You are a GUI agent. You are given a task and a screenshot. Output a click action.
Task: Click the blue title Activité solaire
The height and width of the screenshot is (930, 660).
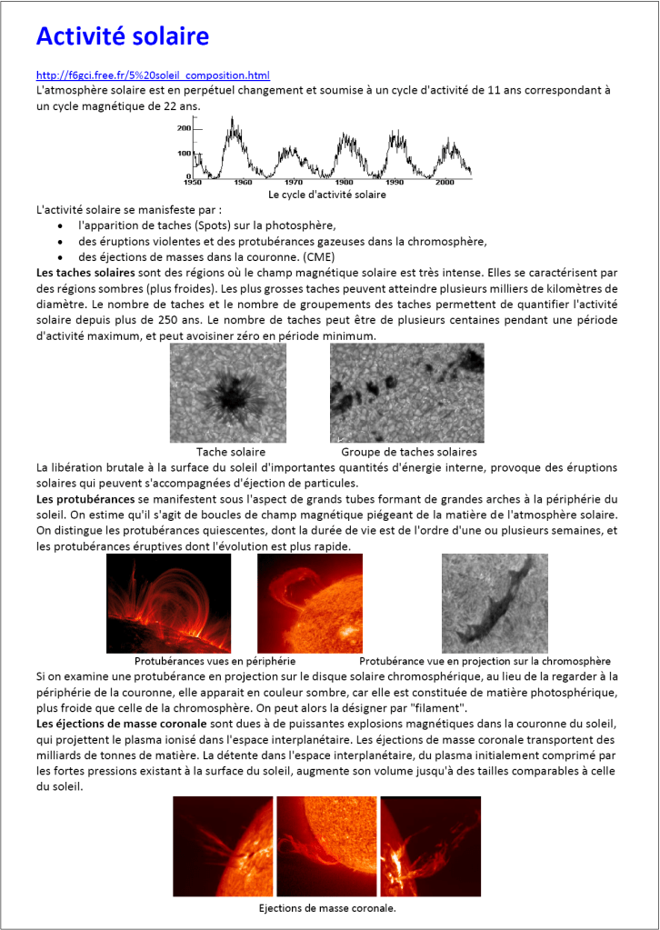(x=123, y=35)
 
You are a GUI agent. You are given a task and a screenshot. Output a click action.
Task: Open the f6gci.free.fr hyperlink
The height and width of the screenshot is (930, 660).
(x=153, y=75)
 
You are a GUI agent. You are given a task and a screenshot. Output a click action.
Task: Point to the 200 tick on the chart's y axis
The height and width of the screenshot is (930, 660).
(x=184, y=128)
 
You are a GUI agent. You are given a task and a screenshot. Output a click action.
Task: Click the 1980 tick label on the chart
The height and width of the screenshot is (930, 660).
(x=344, y=183)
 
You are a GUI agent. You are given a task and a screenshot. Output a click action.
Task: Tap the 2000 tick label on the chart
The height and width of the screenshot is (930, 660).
(x=445, y=183)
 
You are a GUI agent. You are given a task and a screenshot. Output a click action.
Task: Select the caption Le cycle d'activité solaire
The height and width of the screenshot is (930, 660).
(x=327, y=195)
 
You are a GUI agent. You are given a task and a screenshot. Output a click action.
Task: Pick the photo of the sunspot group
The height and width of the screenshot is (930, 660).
(x=406, y=393)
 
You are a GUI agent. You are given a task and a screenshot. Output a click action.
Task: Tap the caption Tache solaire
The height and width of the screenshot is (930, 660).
(x=231, y=452)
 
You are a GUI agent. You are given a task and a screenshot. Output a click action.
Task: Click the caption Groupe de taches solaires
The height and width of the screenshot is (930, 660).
(x=409, y=452)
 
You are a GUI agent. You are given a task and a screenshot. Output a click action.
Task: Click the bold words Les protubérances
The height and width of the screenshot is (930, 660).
(x=85, y=500)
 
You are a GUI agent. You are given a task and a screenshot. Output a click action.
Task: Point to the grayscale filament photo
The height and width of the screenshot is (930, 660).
(x=495, y=603)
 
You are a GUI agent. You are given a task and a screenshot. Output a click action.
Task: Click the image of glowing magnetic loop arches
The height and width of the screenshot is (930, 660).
(x=168, y=603)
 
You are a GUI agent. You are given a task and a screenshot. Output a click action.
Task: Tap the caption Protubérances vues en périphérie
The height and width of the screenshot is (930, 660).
(x=215, y=661)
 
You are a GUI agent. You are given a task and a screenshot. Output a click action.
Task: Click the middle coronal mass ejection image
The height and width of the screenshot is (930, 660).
(x=326, y=846)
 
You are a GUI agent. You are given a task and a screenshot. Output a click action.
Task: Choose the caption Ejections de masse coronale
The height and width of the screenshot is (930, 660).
(x=327, y=908)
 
